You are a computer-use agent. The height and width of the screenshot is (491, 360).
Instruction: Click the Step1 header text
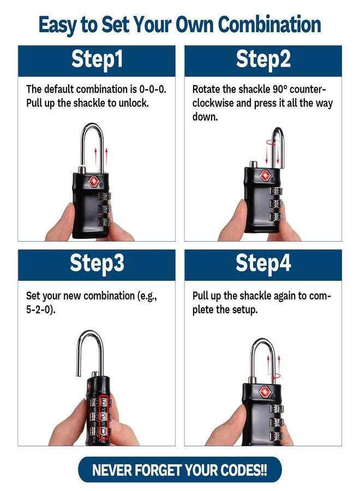coord(97,59)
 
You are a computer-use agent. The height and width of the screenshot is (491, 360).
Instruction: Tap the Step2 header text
coord(263,59)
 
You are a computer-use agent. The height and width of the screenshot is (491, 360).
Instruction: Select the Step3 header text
coord(97,263)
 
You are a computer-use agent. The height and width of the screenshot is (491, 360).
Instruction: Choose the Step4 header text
coord(263,263)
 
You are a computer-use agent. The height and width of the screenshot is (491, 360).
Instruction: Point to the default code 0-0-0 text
coord(152,89)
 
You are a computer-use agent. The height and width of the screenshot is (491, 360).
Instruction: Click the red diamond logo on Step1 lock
coord(94,181)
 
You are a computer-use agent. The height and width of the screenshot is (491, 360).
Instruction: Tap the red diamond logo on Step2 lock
coord(265,175)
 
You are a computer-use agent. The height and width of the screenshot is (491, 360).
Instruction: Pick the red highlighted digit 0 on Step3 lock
coord(104,432)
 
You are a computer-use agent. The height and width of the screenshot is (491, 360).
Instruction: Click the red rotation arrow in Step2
coord(272,143)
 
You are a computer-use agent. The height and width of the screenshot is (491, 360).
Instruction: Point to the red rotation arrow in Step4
coord(274,376)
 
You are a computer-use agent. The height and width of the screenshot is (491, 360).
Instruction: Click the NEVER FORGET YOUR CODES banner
coord(179,470)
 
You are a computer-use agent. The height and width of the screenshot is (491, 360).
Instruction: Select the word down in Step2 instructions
coord(205,117)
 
